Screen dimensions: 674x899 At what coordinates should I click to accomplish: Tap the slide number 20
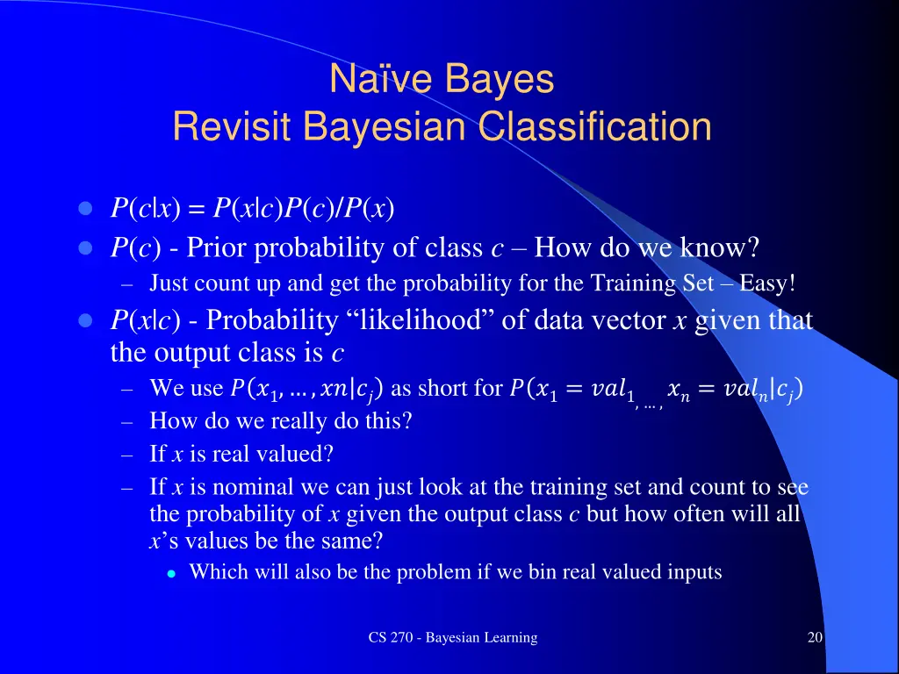(x=815, y=638)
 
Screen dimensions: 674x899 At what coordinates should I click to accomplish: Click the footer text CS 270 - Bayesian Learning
(x=452, y=638)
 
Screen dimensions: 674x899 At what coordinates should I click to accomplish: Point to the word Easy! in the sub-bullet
(x=767, y=283)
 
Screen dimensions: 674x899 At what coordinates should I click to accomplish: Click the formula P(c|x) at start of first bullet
(x=145, y=210)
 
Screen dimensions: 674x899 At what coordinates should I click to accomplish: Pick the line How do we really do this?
(x=281, y=421)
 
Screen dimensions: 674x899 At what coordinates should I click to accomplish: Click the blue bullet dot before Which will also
(x=173, y=573)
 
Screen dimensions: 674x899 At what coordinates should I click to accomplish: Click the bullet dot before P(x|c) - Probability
(x=85, y=321)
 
